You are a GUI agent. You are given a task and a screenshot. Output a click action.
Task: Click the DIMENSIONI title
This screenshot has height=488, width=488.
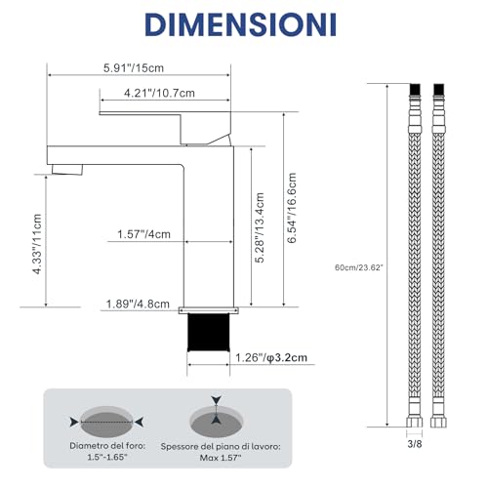click(x=240, y=24)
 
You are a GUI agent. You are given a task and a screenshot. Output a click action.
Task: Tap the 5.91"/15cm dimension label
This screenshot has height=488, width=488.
click(x=134, y=68)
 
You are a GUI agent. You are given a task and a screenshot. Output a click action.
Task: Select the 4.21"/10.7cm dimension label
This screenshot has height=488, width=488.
click(x=159, y=93)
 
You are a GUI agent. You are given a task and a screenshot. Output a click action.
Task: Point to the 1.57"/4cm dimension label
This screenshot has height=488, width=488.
click(x=143, y=234)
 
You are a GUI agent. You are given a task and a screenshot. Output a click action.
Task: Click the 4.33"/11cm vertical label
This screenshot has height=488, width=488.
click(x=37, y=244)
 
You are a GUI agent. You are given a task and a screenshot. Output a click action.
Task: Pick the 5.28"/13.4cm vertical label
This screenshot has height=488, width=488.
click(x=260, y=227)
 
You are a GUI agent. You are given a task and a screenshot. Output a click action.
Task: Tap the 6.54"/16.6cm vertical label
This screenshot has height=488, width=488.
click(x=292, y=208)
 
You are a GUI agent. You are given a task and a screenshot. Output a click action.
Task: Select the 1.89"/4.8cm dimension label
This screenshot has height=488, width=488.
click(x=138, y=305)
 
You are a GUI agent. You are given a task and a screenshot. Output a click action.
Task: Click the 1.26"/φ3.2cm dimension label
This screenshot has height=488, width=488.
click(x=271, y=358)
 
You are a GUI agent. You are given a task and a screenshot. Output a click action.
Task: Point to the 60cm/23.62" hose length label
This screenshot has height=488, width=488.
click(x=359, y=267)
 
